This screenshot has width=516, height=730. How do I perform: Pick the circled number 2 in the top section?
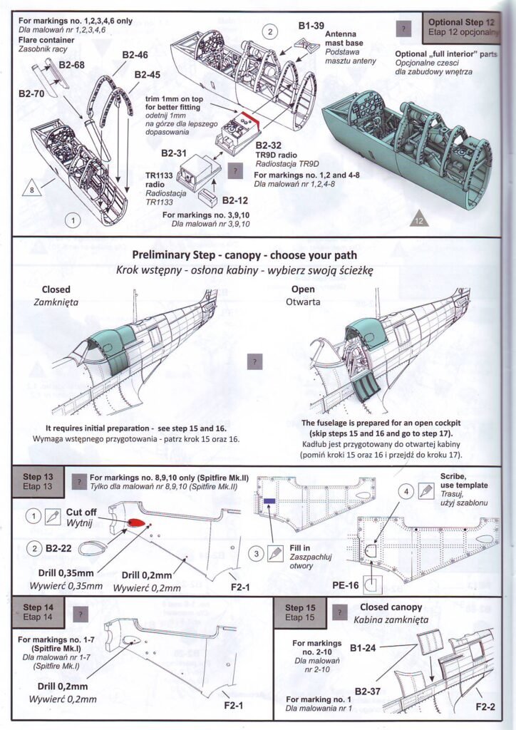269,31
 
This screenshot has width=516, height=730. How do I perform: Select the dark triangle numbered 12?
419,220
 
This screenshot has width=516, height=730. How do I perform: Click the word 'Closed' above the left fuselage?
56,290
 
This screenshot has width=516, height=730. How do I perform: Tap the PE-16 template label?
346,583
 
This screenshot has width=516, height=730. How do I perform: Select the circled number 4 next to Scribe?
406,491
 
